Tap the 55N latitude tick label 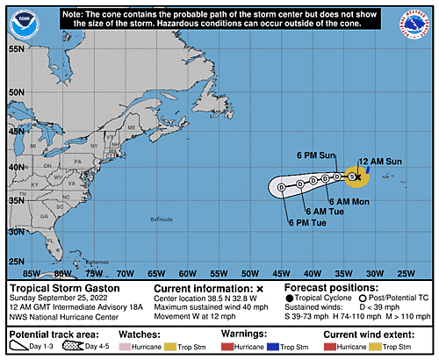[15, 49]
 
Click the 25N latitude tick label [15, 261]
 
